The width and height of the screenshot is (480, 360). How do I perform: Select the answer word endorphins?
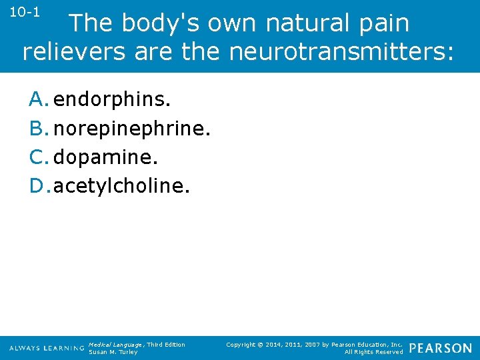112,100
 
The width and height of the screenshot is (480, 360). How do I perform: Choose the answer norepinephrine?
132,129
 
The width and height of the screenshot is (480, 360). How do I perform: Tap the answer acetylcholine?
121,186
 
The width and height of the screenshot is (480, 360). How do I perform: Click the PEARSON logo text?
441,348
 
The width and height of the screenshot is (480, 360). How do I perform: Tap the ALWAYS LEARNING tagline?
47,349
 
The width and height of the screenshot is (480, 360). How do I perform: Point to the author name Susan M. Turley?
113,352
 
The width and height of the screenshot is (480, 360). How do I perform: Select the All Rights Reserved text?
373,352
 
